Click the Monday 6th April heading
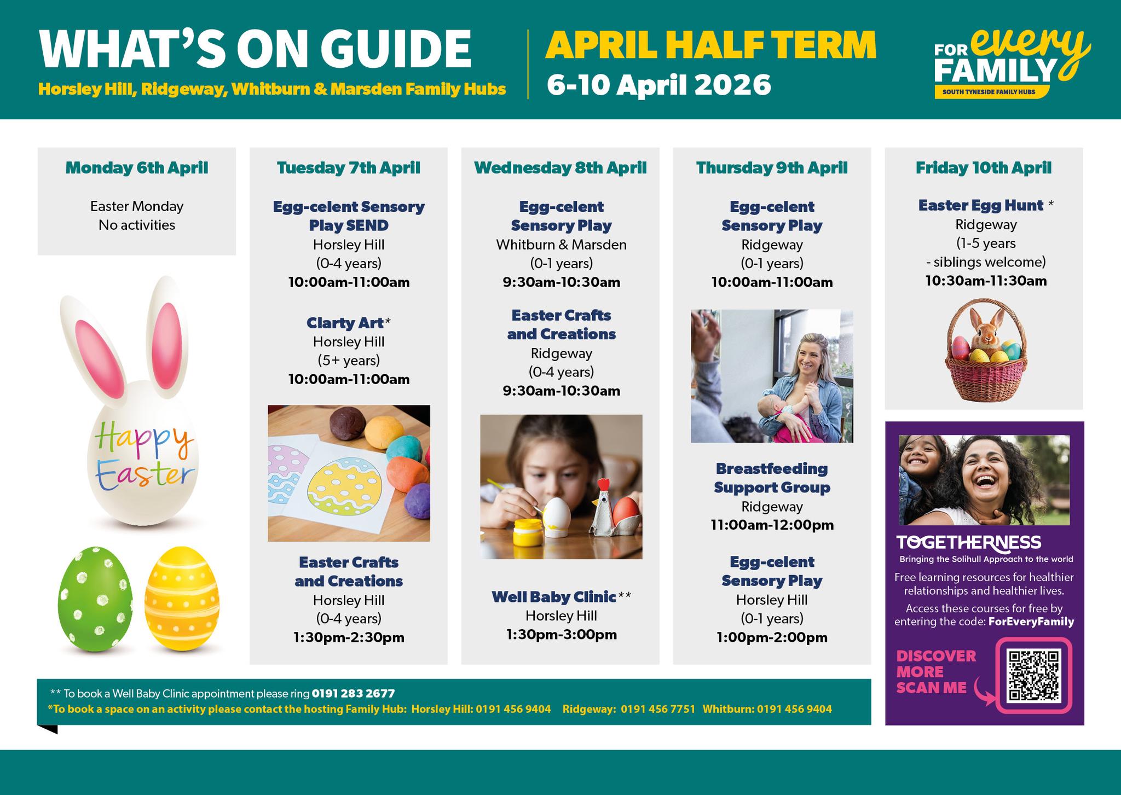(137, 167)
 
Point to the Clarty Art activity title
(345, 323)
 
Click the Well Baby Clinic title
(554, 597)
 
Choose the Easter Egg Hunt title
(981, 205)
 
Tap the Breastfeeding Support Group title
(772, 478)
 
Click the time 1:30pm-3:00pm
(561, 635)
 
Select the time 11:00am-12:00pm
(772, 525)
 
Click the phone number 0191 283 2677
(353, 694)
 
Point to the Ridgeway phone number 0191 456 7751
(658, 709)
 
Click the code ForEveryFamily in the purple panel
(1031, 622)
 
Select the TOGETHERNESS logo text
(968, 542)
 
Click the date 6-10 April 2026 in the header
(659, 85)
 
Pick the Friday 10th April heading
(984, 167)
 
